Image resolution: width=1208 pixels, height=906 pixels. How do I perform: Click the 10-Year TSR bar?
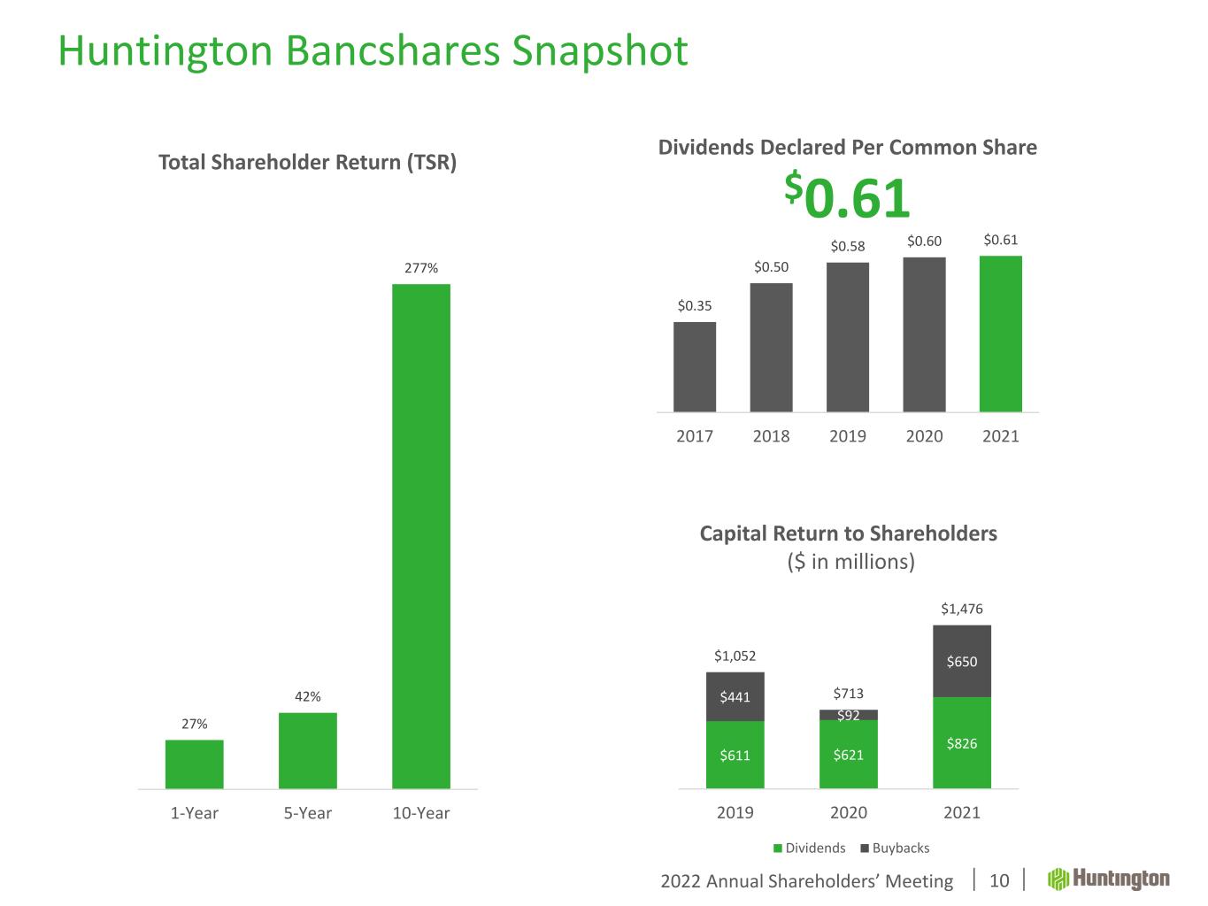pyautogui.click(x=421, y=535)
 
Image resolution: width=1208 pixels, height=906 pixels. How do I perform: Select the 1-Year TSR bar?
pyautogui.click(x=195, y=764)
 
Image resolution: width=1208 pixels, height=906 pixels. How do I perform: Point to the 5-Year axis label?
pyautogui.click(x=308, y=813)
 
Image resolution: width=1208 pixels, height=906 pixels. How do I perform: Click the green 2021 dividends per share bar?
pyautogui.click(x=1001, y=334)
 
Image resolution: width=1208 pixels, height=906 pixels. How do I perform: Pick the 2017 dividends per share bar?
pyautogui.click(x=695, y=366)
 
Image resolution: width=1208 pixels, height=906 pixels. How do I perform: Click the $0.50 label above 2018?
pyautogui.click(x=771, y=266)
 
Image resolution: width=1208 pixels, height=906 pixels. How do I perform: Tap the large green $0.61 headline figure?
pyautogui.click(x=848, y=196)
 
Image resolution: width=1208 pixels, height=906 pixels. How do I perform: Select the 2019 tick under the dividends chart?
pyautogui.click(x=848, y=436)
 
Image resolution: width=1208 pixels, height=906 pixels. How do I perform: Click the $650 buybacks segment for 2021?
pyautogui.click(x=962, y=661)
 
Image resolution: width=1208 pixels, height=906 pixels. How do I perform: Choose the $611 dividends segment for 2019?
pyautogui.click(x=735, y=755)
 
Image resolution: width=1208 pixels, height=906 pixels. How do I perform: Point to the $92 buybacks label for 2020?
pyautogui.click(x=849, y=715)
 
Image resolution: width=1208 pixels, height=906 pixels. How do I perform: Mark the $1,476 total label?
pyautogui.click(x=962, y=609)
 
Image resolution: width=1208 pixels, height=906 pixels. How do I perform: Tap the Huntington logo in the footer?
pyautogui.click(x=1109, y=879)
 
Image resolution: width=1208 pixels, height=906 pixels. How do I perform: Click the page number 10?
pyautogui.click(x=999, y=880)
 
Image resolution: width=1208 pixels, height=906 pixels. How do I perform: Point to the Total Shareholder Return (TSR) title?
pyautogui.click(x=307, y=163)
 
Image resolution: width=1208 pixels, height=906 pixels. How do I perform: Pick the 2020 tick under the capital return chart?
pyautogui.click(x=849, y=812)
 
